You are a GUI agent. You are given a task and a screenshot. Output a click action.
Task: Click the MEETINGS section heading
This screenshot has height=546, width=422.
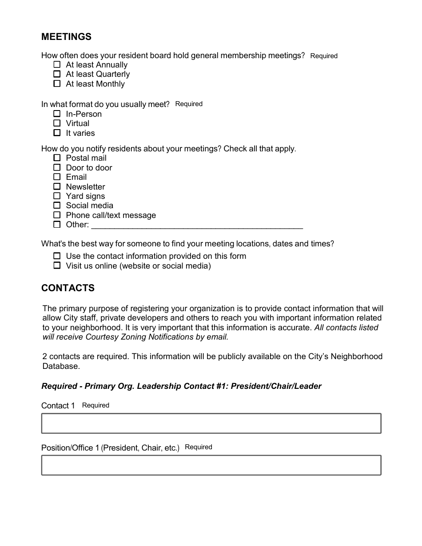point(66,37)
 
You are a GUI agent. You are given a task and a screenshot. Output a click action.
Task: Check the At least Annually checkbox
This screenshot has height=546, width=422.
point(57,64)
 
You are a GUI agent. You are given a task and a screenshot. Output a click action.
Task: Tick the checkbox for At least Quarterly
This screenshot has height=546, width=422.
point(57,74)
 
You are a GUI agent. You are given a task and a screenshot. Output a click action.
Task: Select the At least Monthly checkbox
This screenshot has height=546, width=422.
point(57,83)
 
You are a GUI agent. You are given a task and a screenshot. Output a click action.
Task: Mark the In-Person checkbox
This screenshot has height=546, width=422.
point(57,114)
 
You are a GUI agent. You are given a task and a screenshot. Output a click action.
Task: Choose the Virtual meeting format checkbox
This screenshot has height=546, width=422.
point(57,123)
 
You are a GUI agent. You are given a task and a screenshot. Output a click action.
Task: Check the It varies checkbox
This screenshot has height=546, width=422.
point(57,133)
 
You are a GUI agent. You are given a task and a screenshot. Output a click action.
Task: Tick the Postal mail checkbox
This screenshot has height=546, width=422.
point(57,158)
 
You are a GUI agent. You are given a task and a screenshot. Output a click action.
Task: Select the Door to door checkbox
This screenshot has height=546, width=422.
point(57,167)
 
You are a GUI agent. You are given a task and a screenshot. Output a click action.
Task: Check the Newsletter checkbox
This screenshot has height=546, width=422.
point(57,186)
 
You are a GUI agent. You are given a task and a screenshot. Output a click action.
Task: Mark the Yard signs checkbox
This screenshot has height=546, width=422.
point(57,196)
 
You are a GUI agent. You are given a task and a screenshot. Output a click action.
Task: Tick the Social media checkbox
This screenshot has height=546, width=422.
point(57,205)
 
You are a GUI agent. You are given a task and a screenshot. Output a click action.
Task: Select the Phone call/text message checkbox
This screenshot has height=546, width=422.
point(57,215)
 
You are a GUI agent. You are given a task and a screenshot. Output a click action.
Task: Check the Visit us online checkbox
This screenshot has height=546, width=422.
point(57,265)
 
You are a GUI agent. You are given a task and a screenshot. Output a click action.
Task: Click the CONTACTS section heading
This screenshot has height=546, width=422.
point(68,288)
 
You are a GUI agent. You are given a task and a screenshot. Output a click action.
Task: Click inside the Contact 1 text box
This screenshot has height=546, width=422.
point(211,423)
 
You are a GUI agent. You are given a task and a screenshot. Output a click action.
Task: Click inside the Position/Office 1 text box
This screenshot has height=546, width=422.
point(211,465)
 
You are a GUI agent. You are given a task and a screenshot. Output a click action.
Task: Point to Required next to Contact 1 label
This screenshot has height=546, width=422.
point(96,405)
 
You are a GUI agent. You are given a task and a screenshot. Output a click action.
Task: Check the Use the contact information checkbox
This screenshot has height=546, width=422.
point(57,256)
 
